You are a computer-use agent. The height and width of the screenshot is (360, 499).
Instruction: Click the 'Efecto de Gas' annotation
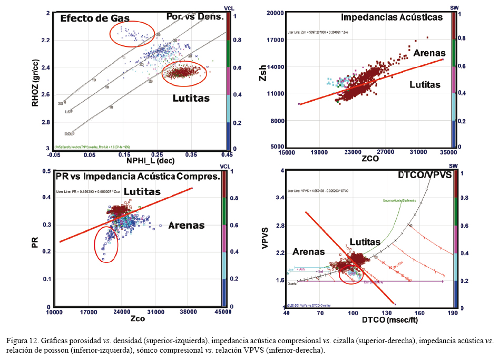pos(91,18)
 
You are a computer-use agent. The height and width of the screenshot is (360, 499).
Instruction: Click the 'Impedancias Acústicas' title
pos(392,17)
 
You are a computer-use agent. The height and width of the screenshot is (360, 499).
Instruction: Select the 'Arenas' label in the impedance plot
pos(429,53)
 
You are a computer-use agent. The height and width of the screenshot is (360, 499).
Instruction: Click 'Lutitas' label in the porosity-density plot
pos(191,98)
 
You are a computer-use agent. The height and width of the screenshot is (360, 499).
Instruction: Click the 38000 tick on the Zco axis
pos(189,312)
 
